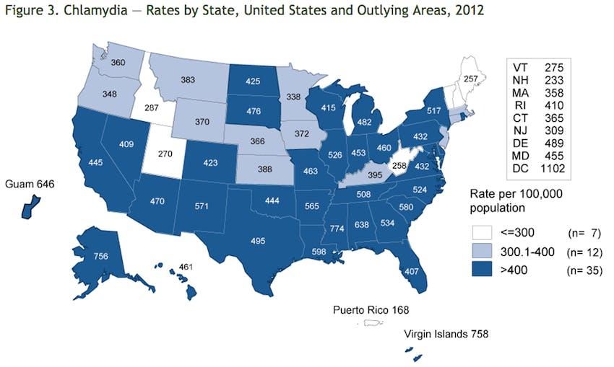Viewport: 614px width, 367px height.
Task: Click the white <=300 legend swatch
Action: click(484, 232)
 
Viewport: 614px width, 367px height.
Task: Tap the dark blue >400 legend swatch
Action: click(484, 271)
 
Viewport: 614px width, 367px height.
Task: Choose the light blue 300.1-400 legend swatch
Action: click(484, 252)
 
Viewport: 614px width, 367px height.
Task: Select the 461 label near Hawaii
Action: click(185, 269)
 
